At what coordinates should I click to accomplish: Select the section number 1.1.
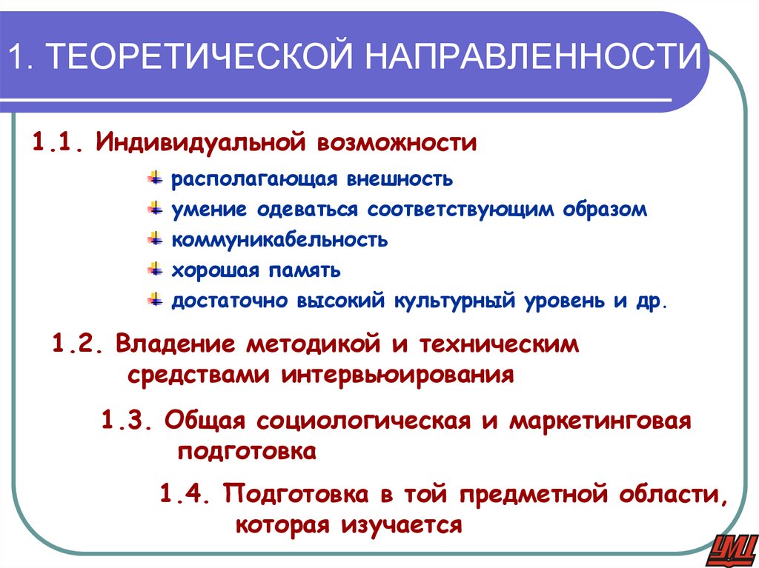tap(59, 141)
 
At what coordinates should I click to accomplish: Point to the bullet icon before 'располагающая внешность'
tap(155, 178)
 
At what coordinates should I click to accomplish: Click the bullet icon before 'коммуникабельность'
tap(155, 238)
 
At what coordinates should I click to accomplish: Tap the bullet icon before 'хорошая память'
tap(155, 269)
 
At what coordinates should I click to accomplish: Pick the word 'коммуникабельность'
tap(280, 240)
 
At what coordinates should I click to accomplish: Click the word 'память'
tap(301, 270)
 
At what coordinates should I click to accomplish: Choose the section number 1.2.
tap(80, 344)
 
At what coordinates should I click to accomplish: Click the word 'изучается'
tap(402, 525)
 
